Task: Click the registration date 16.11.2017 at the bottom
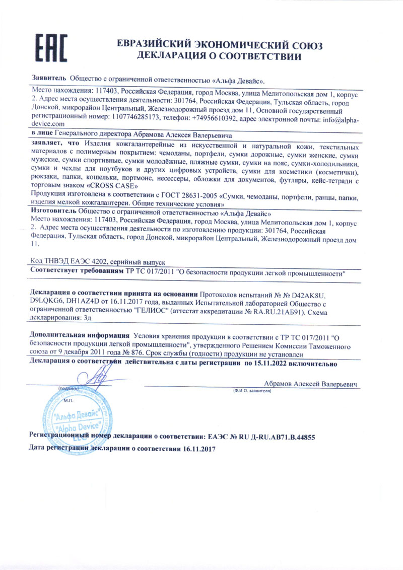click(x=198, y=448)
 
